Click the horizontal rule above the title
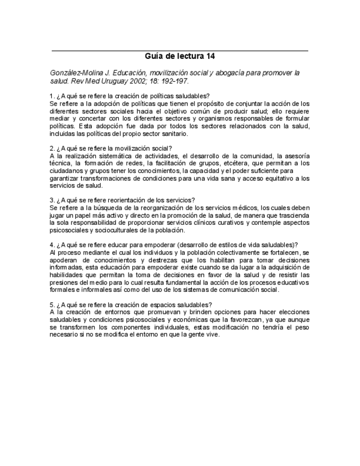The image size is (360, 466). click(x=180, y=50)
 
